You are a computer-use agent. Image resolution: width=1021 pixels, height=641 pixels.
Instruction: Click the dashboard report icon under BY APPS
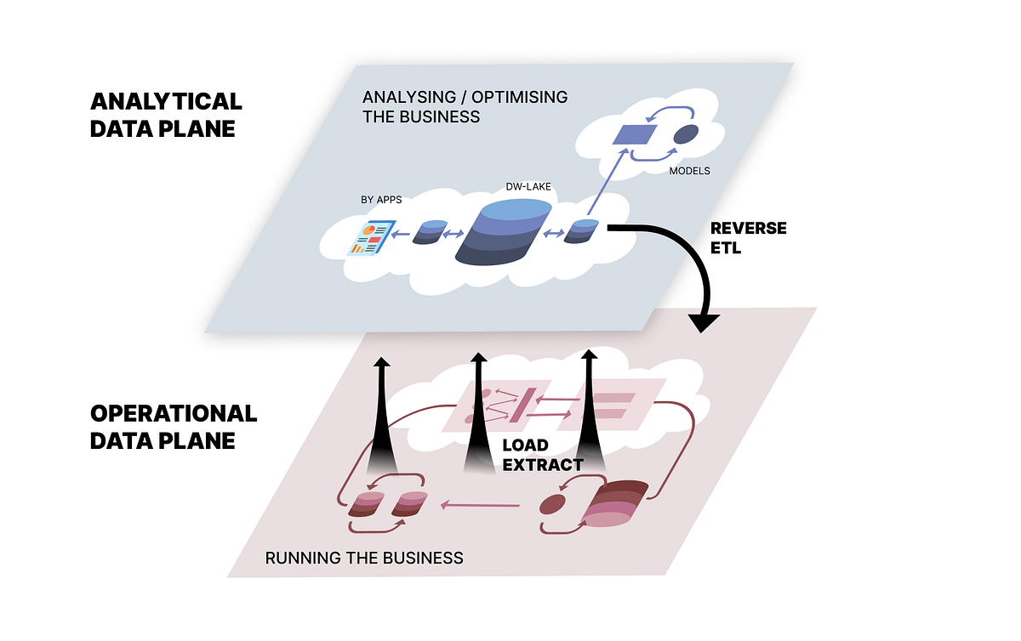(x=372, y=238)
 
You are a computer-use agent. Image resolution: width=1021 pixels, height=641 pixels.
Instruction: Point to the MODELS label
(x=689, y=171)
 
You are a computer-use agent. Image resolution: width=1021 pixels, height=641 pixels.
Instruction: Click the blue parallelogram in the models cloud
(x=637, y=134)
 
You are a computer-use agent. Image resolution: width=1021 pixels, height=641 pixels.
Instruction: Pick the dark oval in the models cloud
(x=687, y=134)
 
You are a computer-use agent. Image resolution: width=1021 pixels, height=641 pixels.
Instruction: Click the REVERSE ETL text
(x=748, y=238)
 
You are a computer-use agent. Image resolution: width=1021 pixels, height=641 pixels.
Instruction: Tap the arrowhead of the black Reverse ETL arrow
(x=704, y=322)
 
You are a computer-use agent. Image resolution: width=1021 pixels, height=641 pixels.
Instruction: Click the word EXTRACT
(x=543, y=465)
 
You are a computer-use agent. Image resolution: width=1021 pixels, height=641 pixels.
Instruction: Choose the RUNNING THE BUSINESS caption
(x=364, y=559)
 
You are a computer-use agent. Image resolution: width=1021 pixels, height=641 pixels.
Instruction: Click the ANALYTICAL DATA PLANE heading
(x=166, y=115)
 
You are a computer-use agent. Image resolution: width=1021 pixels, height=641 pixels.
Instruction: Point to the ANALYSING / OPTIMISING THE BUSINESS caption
(x=465, y=107)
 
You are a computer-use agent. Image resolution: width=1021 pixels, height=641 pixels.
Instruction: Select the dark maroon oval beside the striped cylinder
(x=553, y=505)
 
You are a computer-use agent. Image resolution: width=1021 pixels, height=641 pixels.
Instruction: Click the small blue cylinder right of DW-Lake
(x=585, y=230)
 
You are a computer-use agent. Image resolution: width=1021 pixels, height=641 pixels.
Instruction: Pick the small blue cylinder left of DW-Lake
(x=430, y=232)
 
